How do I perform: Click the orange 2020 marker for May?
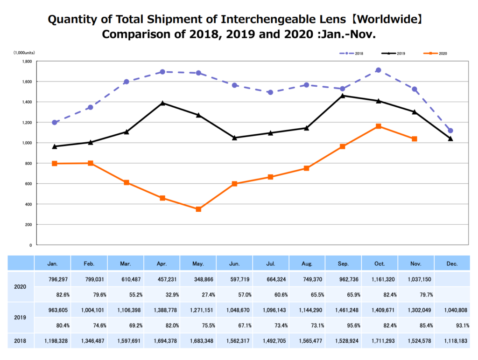click(x=198, y=209)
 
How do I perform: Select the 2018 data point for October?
click(x=378, y=70)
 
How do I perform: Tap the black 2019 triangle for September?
click(x=342, y=96)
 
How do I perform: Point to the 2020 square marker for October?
click(x=378, y=126)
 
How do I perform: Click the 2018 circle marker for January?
click(x=55, y=123)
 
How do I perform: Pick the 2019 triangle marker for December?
click(x=450, y=138)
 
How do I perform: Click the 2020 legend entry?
click(x=436, y=54)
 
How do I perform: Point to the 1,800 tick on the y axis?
click(x=27, y=61)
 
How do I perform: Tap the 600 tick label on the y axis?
click(x=28, y=184)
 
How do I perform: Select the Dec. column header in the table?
click(x=451, y=264)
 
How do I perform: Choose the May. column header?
click(x=198, y=264)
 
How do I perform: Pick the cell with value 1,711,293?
click(x=380, y=341)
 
